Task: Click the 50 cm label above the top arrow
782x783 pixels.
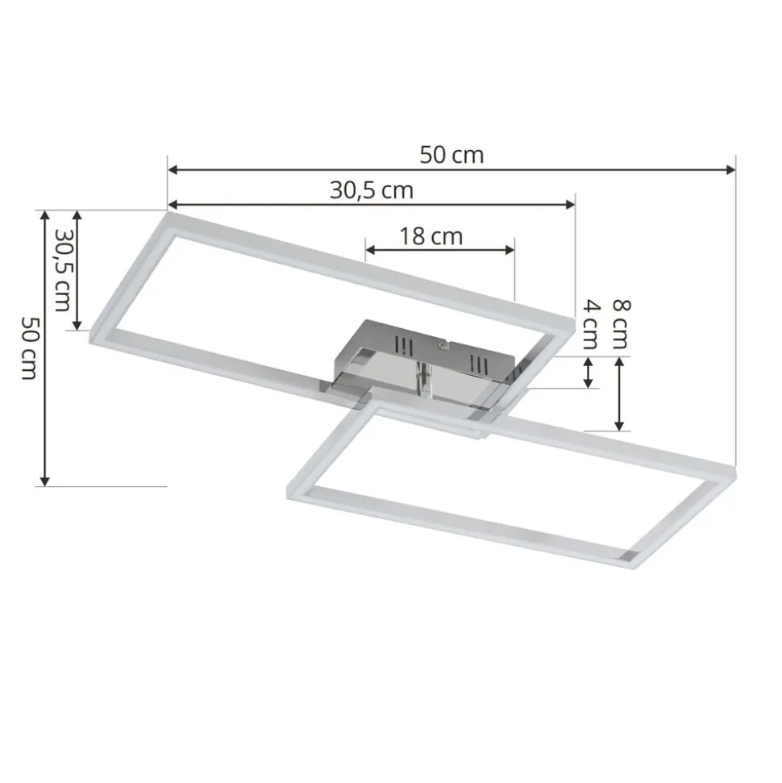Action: [x=451, y=155]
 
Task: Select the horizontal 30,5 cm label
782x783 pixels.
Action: [x=372, y=191]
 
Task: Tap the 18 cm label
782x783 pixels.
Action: [x=431, y=236]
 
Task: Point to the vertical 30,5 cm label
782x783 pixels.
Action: [x=62, y=270]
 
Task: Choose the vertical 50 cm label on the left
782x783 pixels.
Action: [x=30, y=348]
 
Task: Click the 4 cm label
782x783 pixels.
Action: [x=591, y=324]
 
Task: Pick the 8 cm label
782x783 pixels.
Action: [x=622, y=324]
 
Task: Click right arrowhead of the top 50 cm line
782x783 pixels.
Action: [x=730, y=170]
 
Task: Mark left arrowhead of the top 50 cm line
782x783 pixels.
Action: [x=173, y=170]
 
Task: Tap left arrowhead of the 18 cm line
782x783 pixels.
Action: [x=371, y=250]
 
